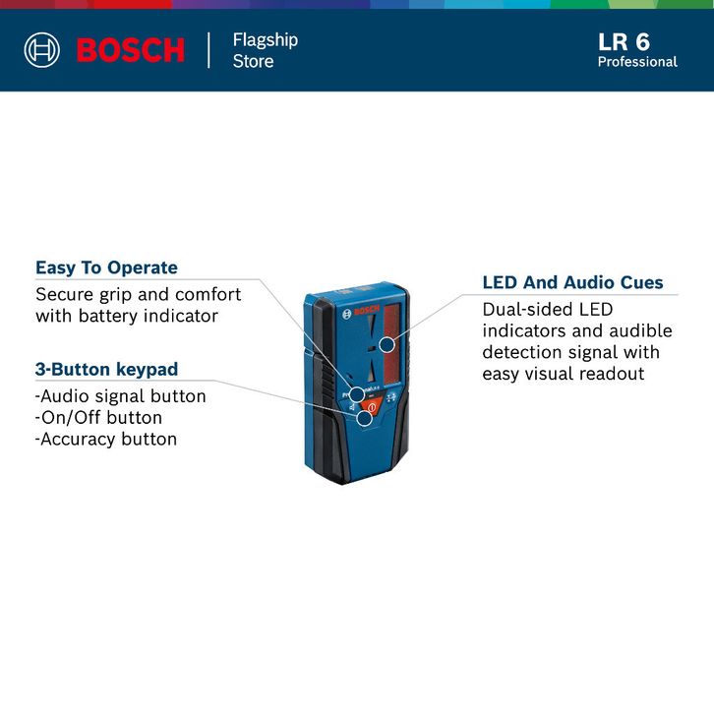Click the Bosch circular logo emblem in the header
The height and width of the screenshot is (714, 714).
point(42,49)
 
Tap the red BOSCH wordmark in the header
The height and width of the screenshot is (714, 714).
point(131,50)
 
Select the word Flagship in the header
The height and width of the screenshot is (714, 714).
point(265,40)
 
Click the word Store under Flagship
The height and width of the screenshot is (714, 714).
point(253,61)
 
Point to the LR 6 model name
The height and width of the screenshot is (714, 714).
point(624,41)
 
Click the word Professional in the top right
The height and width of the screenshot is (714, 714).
point(637,62)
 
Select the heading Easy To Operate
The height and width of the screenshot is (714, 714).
point(106,268)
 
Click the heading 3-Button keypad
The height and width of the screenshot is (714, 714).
point(106,370)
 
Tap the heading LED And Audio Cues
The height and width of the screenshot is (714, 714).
point(572,282)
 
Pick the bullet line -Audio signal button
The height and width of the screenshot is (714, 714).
point(120,396)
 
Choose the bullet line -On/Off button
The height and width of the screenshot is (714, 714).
point(98,418)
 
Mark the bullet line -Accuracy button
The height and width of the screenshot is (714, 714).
point(105,440)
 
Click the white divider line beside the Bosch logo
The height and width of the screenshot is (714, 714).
point(209,50)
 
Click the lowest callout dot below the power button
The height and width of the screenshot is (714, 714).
point(365,418)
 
